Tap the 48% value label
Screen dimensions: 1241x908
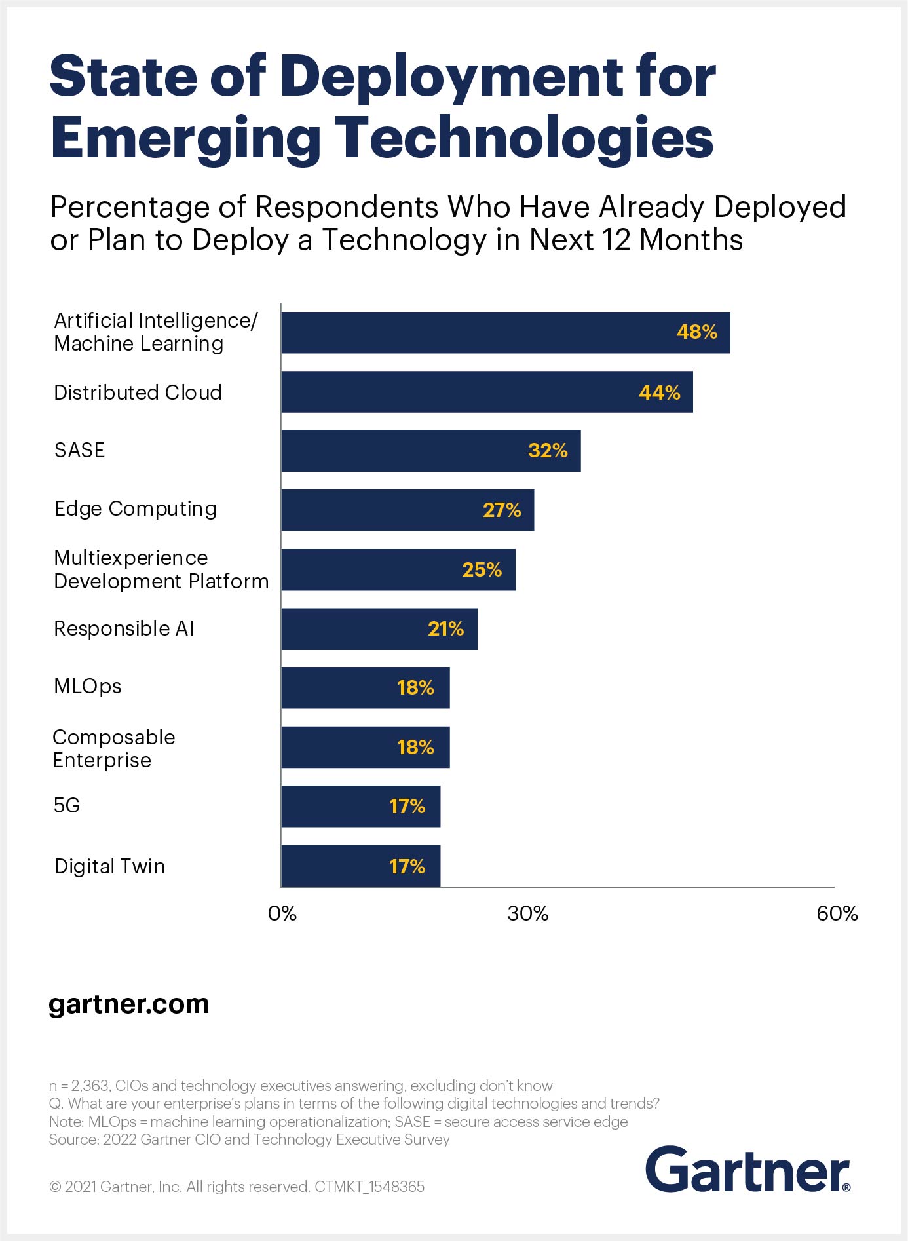pos(696,332)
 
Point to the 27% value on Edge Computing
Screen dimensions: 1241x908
pos(502,510)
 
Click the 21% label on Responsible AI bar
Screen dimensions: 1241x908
pos(445,629)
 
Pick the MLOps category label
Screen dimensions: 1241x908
pos(87,686)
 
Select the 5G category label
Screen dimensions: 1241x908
pos(67,805)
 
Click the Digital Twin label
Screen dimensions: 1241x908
pos(109,866)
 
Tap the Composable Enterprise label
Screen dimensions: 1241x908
pos(113,748)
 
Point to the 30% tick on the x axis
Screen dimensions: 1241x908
pos(527,913)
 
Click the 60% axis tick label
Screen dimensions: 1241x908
pos(837,913)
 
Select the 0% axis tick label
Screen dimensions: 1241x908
pos(282,913)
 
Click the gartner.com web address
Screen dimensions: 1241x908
pos(129,1004)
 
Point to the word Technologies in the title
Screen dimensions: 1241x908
pos(524,138)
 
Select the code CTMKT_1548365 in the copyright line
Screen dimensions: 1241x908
pos(369,1187)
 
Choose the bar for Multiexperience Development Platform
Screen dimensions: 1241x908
pos(398,570)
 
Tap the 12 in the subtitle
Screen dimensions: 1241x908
pos(616,240)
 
